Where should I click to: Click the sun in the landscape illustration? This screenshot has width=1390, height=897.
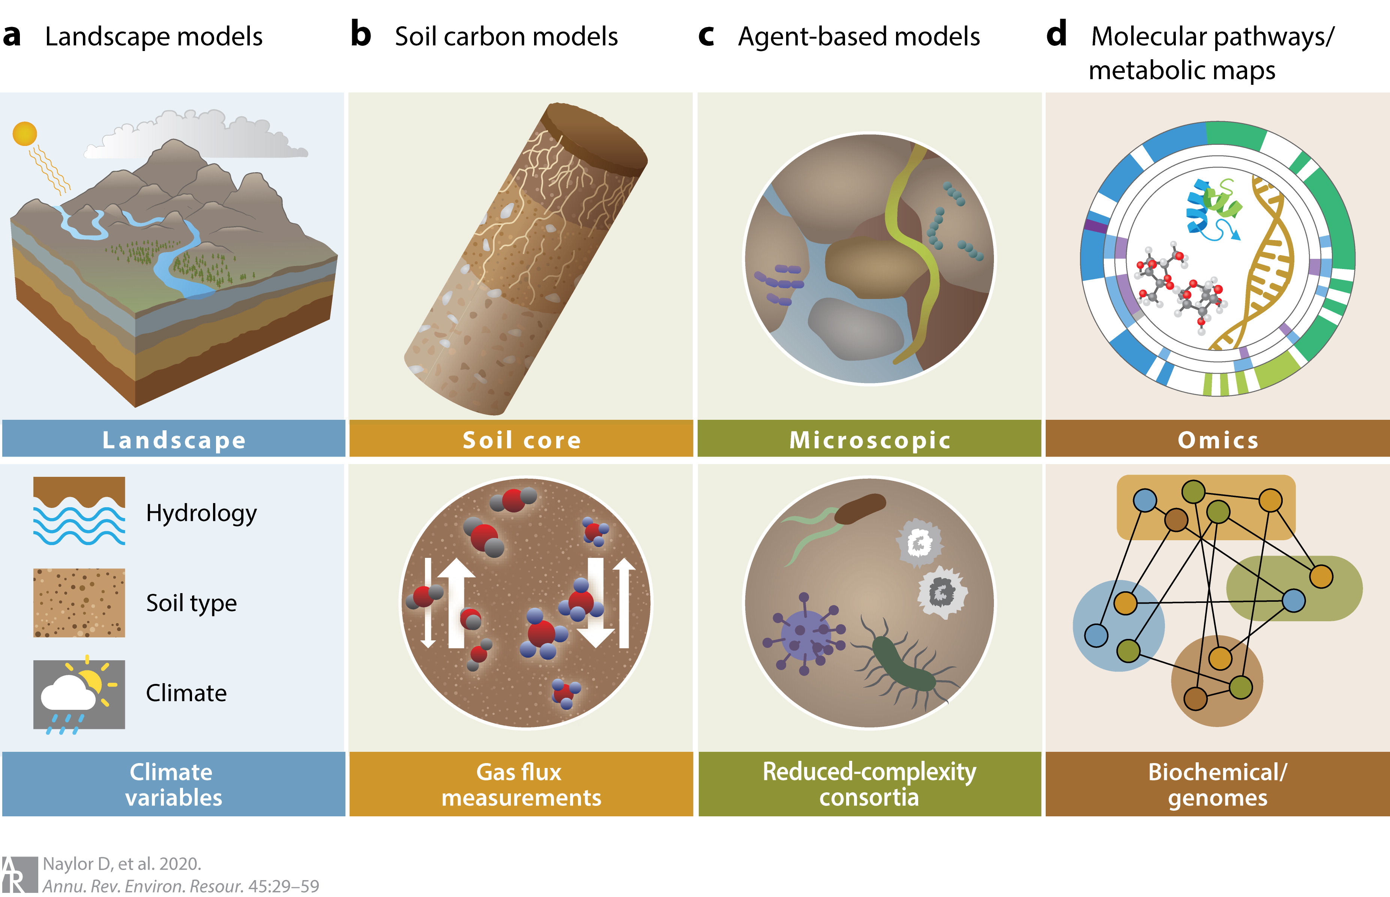24,134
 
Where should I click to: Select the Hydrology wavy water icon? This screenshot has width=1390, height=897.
79,511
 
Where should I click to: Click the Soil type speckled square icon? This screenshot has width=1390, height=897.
79,602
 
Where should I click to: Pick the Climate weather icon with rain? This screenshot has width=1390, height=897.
79,694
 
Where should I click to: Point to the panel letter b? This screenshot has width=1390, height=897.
360,35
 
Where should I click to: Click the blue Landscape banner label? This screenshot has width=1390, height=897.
174,440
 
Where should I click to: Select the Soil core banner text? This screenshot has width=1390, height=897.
522,440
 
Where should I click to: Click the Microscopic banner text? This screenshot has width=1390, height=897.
869,440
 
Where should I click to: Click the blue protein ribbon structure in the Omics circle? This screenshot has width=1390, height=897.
1202,210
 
